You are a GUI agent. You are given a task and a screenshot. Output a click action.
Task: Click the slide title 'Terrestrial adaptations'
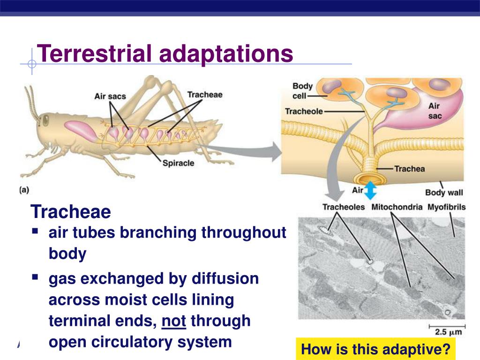[x=165, y=53]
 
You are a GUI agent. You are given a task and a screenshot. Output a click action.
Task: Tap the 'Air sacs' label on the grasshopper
[x=110, y=97]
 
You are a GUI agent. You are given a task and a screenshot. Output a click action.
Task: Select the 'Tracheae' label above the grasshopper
[x=205, y=95]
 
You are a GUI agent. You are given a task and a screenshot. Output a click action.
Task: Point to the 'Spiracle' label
[x=178, y=163]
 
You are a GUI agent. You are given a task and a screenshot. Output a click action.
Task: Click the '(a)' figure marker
[x=24, y=190]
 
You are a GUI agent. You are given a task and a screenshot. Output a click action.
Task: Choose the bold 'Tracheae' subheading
[x=71, y=212]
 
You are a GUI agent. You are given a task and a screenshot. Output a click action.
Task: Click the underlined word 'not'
[x=174, y=321]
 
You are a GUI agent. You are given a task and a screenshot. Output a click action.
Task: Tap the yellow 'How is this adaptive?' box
[x=375, y=349]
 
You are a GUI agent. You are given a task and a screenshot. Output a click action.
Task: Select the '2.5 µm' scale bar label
[x=449, y=332]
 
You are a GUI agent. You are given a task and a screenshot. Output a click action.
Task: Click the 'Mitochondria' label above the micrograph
[x=397, y=207]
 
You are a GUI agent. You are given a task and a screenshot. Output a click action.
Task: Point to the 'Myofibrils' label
[x=446, y=207]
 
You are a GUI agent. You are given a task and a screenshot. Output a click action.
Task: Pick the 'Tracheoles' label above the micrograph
[x=344, y=207]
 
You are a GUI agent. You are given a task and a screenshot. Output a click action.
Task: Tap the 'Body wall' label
[x=444, y=192]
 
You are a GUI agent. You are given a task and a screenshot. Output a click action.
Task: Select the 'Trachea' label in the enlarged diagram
[x=409, y=169]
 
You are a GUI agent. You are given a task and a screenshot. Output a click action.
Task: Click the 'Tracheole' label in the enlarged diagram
[x=304, y=112]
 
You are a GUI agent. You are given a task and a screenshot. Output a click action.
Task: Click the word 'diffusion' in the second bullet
[x=225, y=278]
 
